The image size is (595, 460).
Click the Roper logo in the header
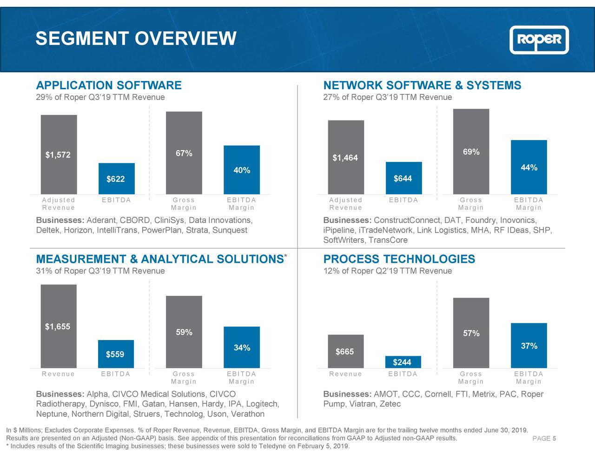[x=539, y=40]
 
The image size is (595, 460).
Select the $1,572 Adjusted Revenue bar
[x=59, y=154]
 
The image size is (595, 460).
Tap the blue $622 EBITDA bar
[x=116, y=179]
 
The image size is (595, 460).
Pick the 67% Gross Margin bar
[x=184, y=153]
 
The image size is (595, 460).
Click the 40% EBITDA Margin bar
[x=242, y=170]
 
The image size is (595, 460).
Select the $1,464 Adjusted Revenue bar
[x=346, y=157]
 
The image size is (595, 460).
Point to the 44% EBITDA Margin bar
[x=529, y=167]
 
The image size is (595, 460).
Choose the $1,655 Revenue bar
[x=59, y=326]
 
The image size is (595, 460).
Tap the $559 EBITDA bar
[x=116, y=354]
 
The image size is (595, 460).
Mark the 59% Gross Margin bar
[x=184, y=332]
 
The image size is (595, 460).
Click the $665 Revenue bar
[x=345, y=351]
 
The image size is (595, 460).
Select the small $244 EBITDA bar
[x=403, y=362]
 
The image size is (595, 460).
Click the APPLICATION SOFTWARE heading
[x=109, y=86]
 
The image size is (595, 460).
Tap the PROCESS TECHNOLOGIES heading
[x=399, y=260]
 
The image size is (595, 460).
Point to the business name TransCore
[x=388, y=240]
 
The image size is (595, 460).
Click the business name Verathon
[x=247, y=414]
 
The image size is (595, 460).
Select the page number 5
[x=555, y=439]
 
